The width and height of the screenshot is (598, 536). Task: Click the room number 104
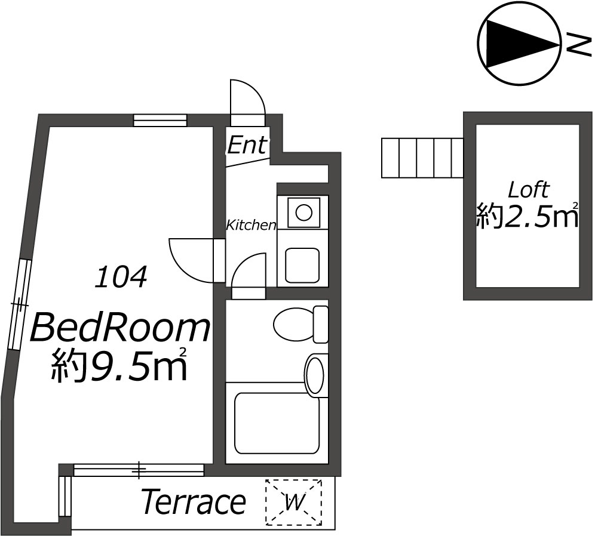click(x=121, y=277)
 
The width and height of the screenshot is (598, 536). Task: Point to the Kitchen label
click(x=251, y=225)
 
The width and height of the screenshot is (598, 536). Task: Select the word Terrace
click(x=194, y=501)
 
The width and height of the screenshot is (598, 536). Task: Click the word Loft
click(x=529, y=189)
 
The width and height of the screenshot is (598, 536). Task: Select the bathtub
click(x=277, y=423)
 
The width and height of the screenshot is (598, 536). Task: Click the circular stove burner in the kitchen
click(x=304, y=212)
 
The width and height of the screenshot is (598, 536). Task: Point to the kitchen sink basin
click(x=302, y=265)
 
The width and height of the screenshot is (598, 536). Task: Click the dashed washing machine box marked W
click(x=294, y=503)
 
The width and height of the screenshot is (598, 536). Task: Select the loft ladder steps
click(x=422, y=158)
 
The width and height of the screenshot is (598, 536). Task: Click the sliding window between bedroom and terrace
click(x=139, y=470)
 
